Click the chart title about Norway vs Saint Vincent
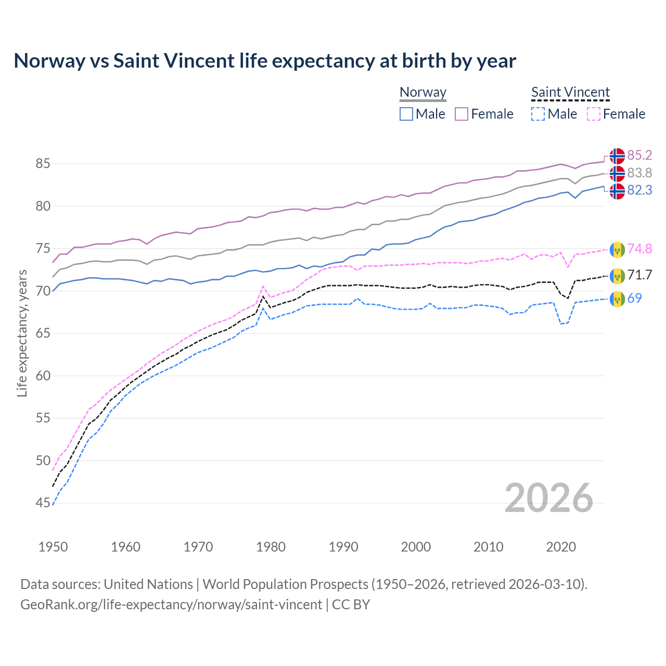[x=264, y=61]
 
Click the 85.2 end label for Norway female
[x=639, y=156]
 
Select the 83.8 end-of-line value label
[x=639, y=173]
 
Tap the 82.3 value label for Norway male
[x=639, y=190]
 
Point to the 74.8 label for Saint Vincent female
[x=639, y=249]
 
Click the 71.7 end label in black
[x=639, y=275]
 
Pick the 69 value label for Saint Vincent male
[x=634, y=299]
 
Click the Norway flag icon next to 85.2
[x=617, y=156]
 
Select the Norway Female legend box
[x=462, y=114]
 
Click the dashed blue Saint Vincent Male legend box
[x=538, y=114]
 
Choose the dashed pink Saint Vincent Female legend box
[x=593, y=114]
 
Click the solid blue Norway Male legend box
[x=406, y=114]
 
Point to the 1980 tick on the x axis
[x=271, y=547]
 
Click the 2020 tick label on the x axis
[x=561, y=547]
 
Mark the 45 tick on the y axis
[x=43, y=503]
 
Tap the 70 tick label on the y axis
[x=43, y=291]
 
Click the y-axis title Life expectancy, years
[x=22, y=333]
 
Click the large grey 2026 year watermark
[x=548, y=498]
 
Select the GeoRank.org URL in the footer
[x=171, y=605]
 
